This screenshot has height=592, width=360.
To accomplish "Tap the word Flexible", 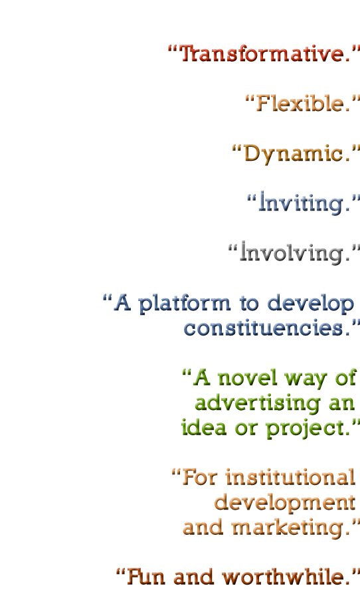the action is (x=304, y=103).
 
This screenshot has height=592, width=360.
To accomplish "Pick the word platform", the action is (x=184, y=304).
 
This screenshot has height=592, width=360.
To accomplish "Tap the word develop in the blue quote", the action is (x=311, y=304).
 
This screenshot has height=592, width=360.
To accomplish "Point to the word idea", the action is (x=204, y=427).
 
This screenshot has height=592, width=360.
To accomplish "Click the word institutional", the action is (x=290, y=477).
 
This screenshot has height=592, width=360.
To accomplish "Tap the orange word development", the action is (x=285, y=503).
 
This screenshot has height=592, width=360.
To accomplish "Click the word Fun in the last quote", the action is (x=145, y=577).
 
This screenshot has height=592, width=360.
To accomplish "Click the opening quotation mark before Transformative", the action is (x=173, y=49).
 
